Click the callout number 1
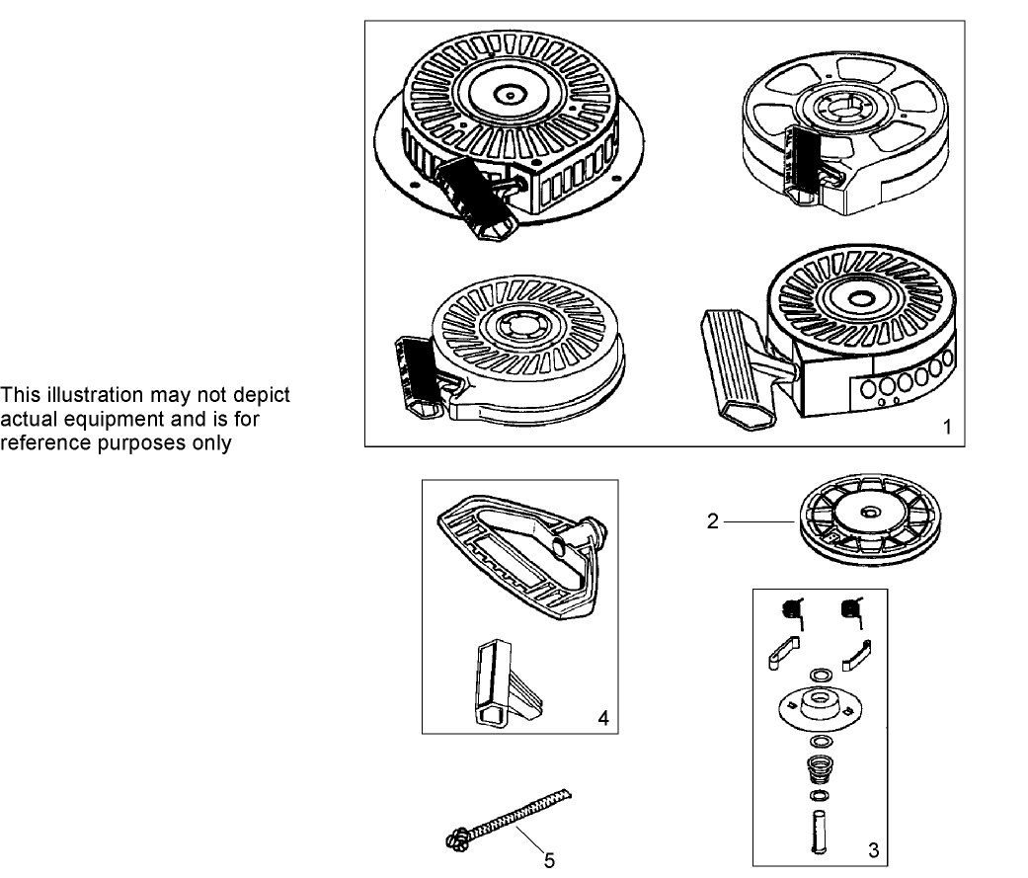[947, 428]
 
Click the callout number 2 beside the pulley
[713, 521]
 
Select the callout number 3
[872, 848]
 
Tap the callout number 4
[602, 718]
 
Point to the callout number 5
[549, 859]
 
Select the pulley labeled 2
[863, 519]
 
